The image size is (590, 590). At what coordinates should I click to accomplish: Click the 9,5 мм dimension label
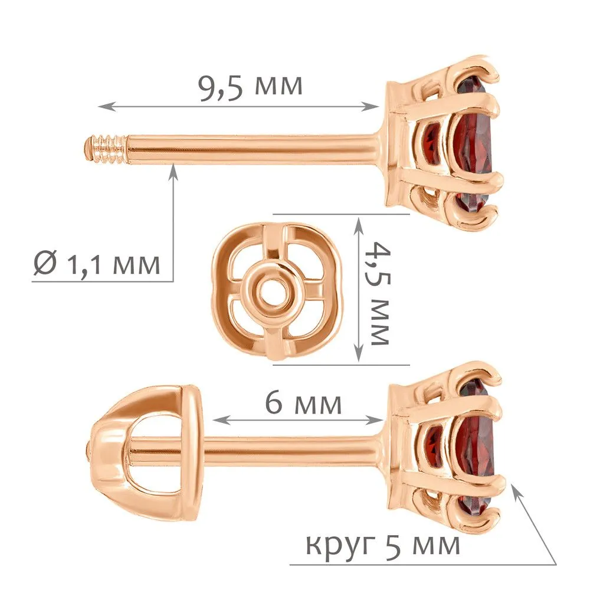pos(250,87)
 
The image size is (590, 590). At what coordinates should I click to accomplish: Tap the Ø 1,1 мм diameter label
pos(97,264)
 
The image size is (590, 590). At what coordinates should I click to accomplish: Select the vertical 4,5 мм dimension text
pos(379,293)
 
